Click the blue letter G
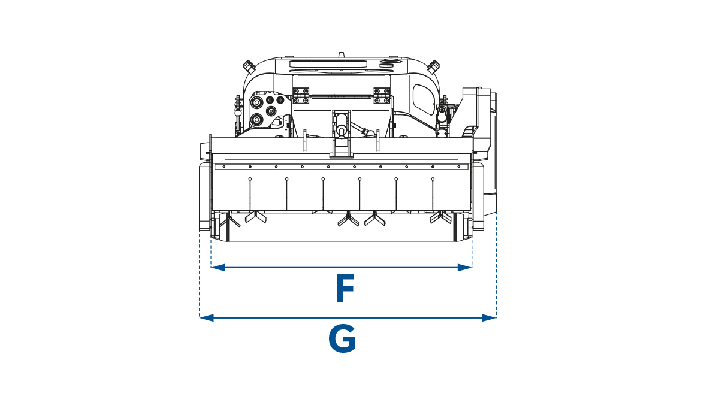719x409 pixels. [x=342, y=338]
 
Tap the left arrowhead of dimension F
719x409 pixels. [x=218, y=267]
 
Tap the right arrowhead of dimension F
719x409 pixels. [x=464, y=267]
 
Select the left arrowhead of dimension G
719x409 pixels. [x=206, y=317]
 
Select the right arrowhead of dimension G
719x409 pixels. [x=489, y=317]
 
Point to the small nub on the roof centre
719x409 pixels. [x=342, y=55]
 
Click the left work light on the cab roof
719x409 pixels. [x=249, y=66]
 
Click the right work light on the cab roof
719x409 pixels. [x=433, y=66]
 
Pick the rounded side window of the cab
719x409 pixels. [x=422, y=100]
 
